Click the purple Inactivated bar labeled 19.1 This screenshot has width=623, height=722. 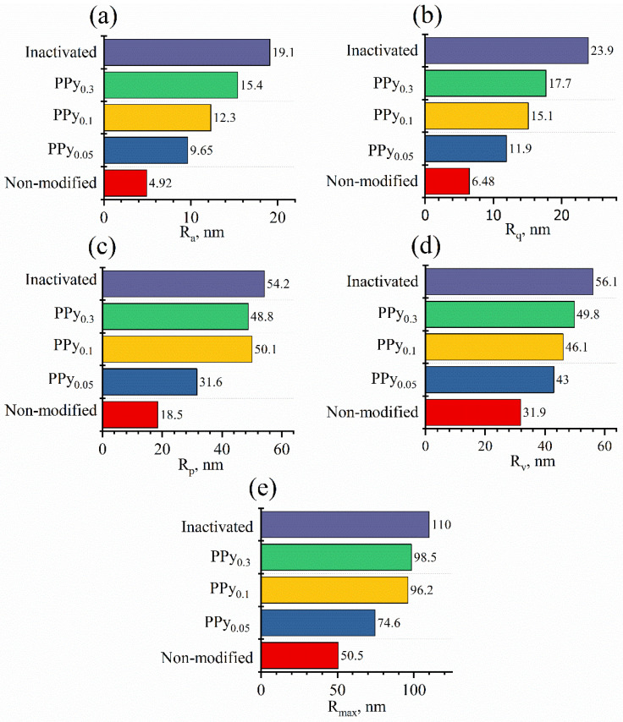(186, 52)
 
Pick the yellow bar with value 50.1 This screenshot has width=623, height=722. (177, 348)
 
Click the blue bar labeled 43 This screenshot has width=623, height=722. (489, 380)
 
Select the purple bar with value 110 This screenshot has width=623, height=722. (345, 525)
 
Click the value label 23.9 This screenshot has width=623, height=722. (602, 50)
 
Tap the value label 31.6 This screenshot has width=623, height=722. (210, 380)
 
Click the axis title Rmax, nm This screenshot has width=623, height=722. (355, 703)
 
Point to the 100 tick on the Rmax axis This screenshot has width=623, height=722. (413, 686)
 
